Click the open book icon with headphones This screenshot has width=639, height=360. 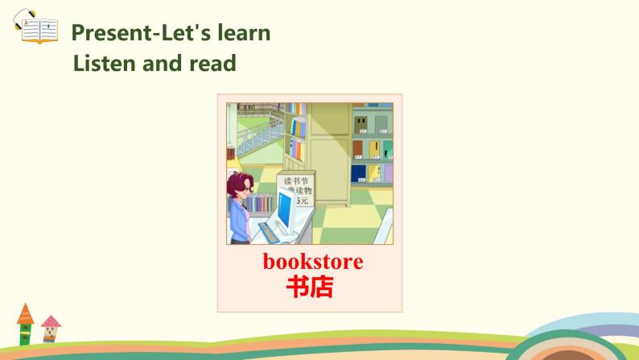tap(35, 27)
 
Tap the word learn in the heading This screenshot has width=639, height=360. tap(243, 33)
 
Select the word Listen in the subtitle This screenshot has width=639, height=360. tap(101, 63)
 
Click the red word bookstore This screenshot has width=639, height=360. tap(312, 262)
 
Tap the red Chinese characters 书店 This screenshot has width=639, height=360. tap(309, 288)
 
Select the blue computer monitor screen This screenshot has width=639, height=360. tap(286, 209)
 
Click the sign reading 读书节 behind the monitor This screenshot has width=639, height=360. tap(295, 187)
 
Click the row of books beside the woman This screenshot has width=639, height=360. tap(259, 203)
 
